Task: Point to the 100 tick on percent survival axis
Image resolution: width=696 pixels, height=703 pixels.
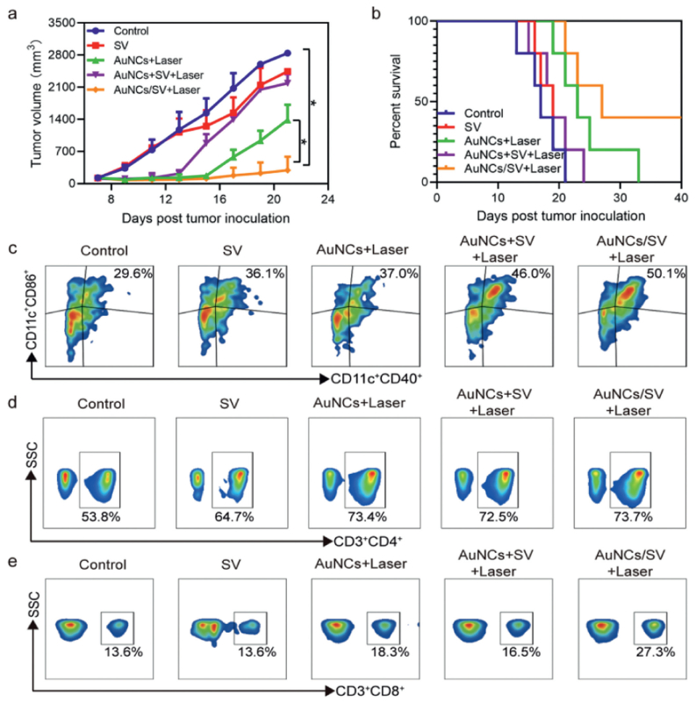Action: click(x=419, y=21)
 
